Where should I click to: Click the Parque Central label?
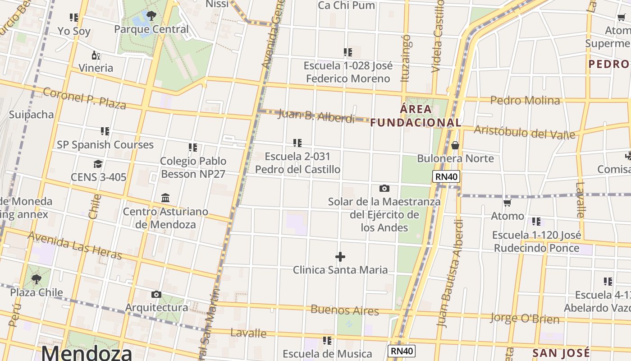[151, 29]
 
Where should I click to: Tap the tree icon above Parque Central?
[151, 16]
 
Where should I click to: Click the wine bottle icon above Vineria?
[96, 56]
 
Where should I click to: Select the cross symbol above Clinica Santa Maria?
[340, 257]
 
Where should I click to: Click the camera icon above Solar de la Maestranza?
[384, 188]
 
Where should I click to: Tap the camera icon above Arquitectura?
[156, 294]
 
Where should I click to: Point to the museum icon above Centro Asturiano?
[165, 198]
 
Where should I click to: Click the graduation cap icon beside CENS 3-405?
[98, 163]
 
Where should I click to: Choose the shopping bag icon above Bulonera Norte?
[455, 145]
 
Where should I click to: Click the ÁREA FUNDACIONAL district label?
[416, 116]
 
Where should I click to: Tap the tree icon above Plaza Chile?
[37, 279]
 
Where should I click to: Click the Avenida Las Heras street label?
[75, 245]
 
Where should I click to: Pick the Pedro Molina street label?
[525, 100]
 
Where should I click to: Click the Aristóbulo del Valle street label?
[525, 133]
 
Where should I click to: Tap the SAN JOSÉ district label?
[561, 353]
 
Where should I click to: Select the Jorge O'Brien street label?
[525, 319]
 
